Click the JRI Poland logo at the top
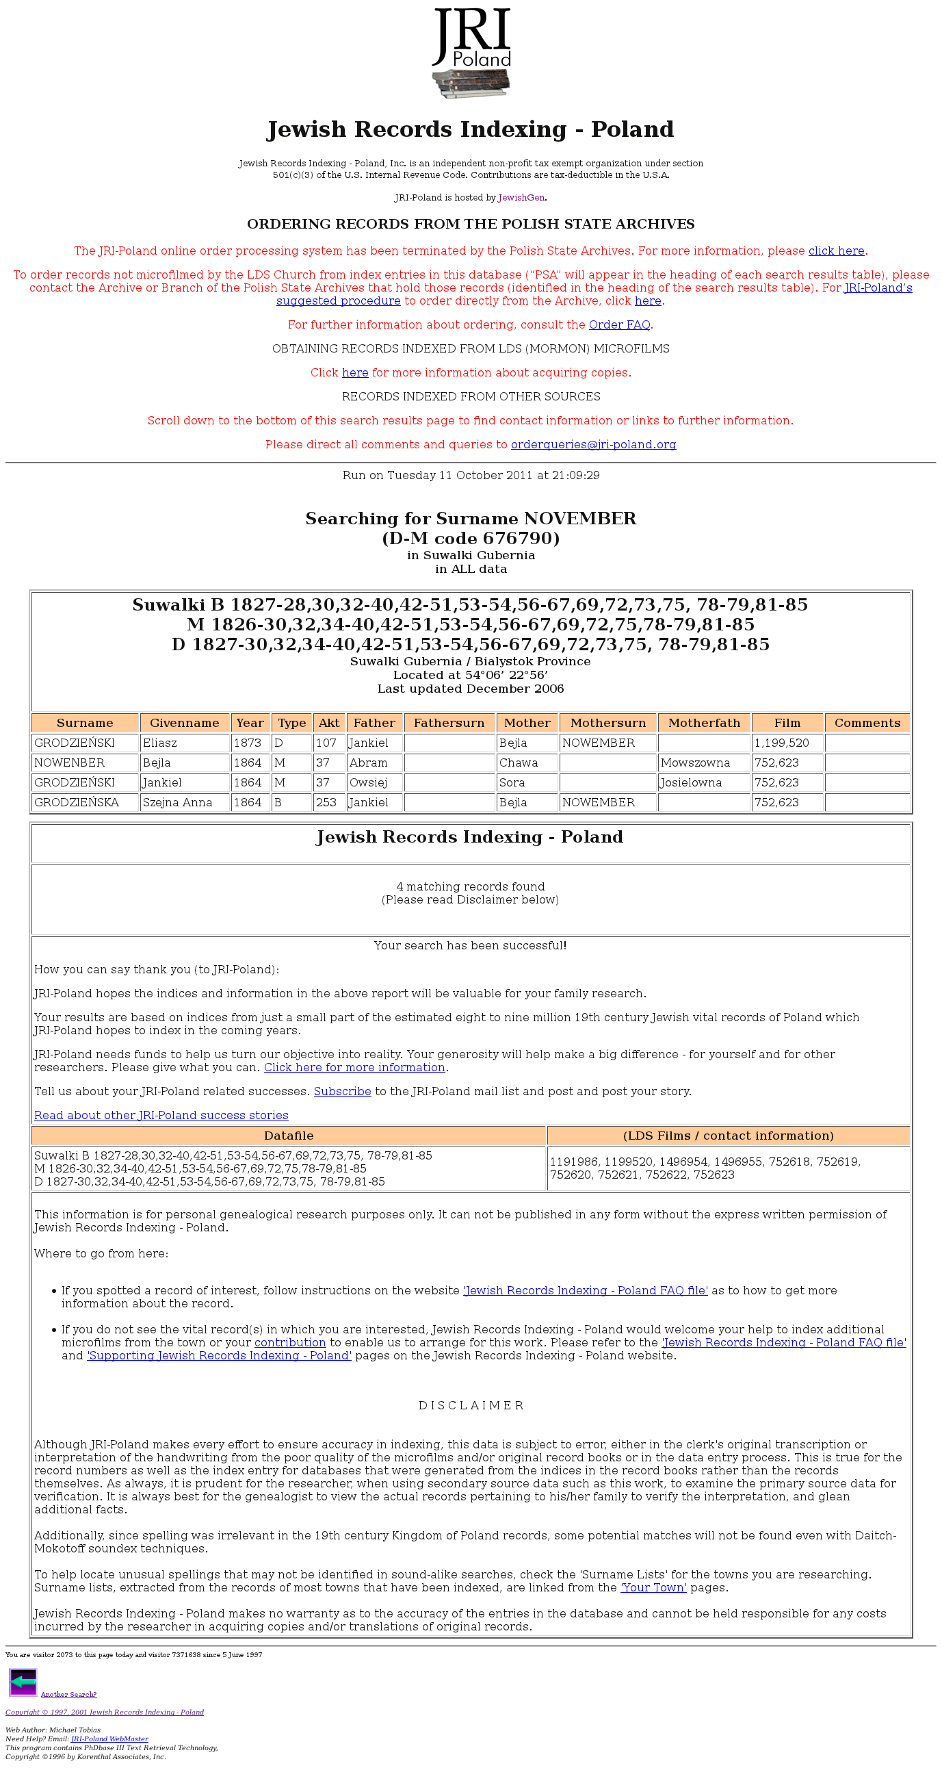click(471, 53)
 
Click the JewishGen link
click(521, 198)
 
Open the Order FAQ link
click(619, 324)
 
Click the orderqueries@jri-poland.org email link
click(594, 445)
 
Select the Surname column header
click(85, 723)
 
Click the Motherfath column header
click(704, 723)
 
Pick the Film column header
click(787, 723)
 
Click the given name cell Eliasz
click(160, 743)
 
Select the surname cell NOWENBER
click(69, 763)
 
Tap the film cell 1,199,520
click(781, 743)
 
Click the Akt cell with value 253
click(326, 802)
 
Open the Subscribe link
click(342, 1091)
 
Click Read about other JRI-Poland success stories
click(161, 1115)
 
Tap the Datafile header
click(289, 1136)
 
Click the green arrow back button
click(23, 1682)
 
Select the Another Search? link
click(68, 1695)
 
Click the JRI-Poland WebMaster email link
click(109, 1739)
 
